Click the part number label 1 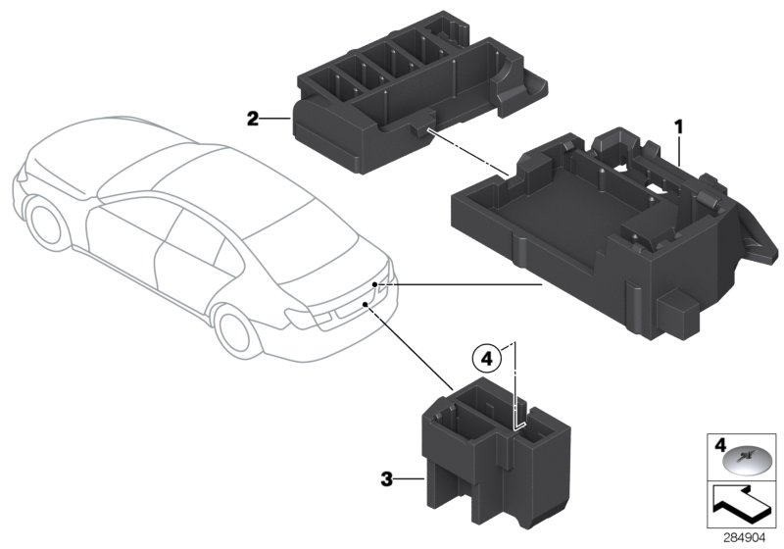tap(676, 127)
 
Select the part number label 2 tap(253, 119)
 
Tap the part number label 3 tap(387, 479)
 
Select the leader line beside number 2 tap(276, 119)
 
